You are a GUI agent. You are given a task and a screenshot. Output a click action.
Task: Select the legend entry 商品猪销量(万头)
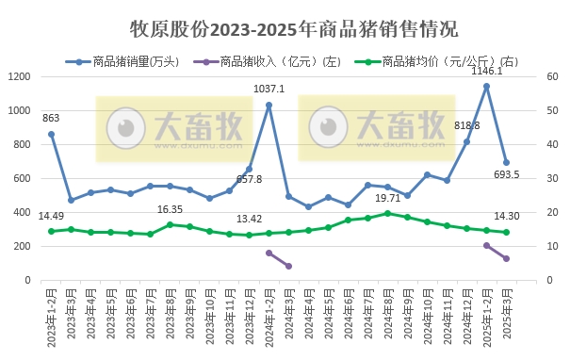[x=132, y=62]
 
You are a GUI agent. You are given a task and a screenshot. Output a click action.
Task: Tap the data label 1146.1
[x=486, y=71]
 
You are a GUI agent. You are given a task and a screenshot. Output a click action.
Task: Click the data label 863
[x=51, y=118]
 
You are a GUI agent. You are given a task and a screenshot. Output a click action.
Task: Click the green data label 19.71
[x=387, y=199]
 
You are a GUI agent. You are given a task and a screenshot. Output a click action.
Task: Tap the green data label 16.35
[x=170, y=209]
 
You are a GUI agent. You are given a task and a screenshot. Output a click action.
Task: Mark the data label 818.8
[x=466, y=125]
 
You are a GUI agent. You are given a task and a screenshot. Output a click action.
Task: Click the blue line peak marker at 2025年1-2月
[x=486, y=86]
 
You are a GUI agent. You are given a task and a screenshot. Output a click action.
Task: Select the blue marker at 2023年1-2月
[x=51, y=134]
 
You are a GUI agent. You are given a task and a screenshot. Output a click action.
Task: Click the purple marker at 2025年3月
[x=506, y=258]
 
